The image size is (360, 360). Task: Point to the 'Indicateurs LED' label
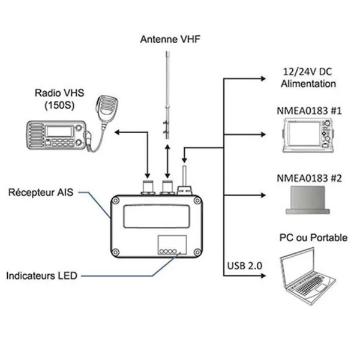point(41,277)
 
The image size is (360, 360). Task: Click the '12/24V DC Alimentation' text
point(308,78)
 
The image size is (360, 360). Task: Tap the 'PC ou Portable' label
point(313,238)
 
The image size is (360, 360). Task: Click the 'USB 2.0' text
point(245,265)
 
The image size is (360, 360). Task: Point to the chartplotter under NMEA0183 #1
point(308,135)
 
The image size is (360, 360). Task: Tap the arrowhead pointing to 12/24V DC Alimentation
point(265,78)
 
